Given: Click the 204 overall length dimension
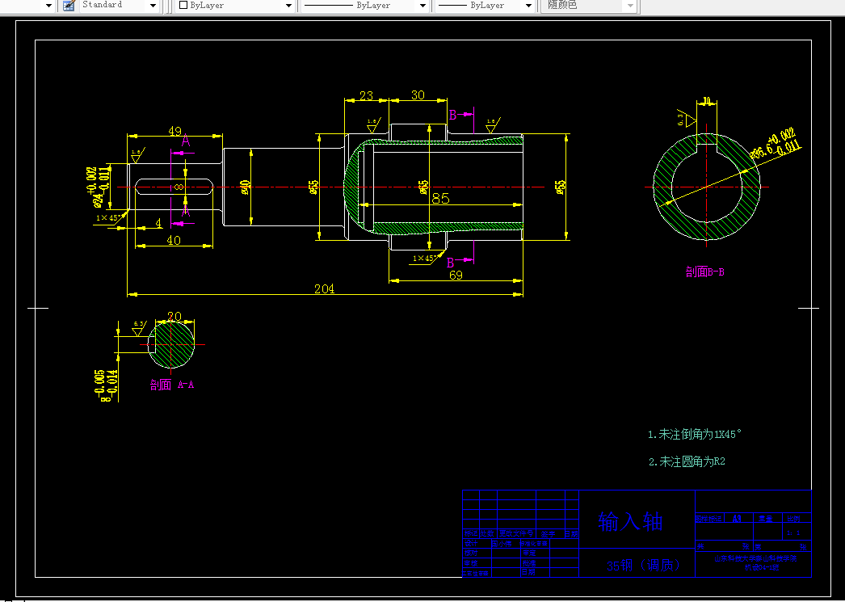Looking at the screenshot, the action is click(x=324, y=288).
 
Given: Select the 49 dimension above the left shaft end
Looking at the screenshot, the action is click(x=174, y=131).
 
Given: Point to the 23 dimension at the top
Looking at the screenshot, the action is click(x=366, y=95).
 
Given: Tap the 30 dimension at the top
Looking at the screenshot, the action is click(x=418, y=95).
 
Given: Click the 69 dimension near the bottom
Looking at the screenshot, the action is click(x=456, y=276).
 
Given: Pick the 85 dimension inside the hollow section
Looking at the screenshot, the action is click(x=440, y=198).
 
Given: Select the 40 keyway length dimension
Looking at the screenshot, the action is click(x=174, y=240).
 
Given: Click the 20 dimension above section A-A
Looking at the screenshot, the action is click(x=174, y=316).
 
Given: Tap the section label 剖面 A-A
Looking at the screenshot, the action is click(x=172, y=385).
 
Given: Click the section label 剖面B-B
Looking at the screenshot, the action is click(x=704, y=272).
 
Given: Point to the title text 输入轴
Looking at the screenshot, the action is click(x=630, y=521).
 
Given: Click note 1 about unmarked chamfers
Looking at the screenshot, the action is click(x=694, y=434).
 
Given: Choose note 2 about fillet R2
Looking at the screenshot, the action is click(x=687, y=461).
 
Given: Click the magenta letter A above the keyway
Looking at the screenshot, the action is click(x=186, y=141).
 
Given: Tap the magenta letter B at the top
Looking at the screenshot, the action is click(x=453, y=115).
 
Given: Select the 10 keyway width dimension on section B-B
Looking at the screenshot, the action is click(x=707, y=102).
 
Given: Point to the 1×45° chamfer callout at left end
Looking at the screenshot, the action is click(x=108, y=218).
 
